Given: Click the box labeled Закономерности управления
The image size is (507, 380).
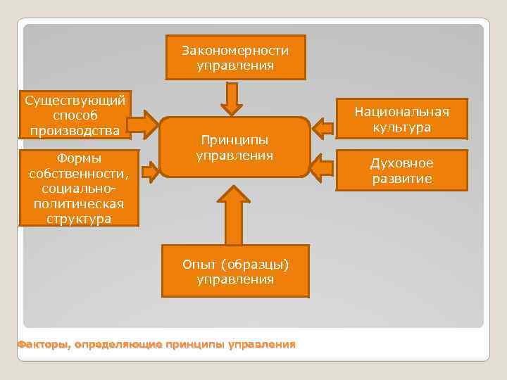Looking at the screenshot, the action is click(x=235, y=58).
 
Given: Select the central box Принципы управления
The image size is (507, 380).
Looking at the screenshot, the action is click(x=234, y=146).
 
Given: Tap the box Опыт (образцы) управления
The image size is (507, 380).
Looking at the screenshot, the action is click(x=235, y=271).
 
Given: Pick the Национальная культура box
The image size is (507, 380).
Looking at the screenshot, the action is click(x=401, y=118).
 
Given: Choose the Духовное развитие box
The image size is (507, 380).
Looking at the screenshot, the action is click(x=401, y=171).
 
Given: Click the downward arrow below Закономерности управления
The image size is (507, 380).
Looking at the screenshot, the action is click(x=231, y=99).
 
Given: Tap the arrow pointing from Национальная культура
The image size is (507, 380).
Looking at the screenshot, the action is click(x=323, y=127).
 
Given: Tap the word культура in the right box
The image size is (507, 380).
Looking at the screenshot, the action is click(x=401, y=127).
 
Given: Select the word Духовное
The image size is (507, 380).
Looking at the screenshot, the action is click(x=401, y=163).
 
